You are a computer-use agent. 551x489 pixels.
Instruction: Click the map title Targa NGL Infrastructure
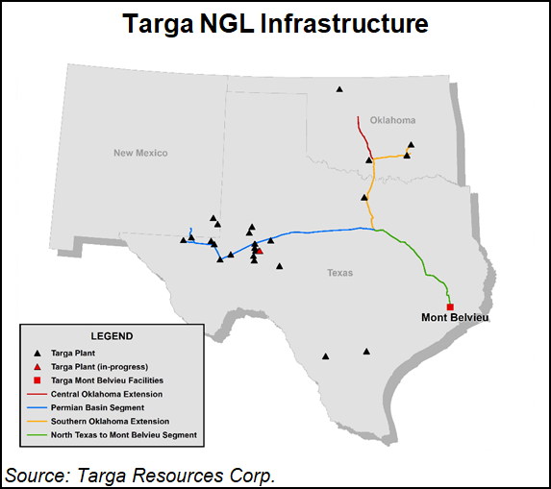275,23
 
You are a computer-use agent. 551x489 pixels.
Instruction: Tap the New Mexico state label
140,153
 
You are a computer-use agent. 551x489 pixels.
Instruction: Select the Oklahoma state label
392,120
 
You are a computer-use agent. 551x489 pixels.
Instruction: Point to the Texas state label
339,273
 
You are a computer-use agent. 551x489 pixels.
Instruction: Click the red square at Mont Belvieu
450,306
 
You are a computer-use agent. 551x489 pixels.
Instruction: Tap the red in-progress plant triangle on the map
260,250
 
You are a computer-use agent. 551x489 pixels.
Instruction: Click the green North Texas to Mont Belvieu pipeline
423,264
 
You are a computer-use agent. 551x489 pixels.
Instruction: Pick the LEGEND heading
112,336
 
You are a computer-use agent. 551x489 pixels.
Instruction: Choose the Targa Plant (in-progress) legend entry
101,367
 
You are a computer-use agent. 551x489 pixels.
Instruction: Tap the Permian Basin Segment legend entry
99,407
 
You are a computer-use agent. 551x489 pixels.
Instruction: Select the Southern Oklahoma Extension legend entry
110,421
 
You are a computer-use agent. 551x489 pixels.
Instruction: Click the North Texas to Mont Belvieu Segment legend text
123,435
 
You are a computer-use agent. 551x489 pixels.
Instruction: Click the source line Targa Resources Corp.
140,475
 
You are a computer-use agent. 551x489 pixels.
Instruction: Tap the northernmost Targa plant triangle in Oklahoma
339,89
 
